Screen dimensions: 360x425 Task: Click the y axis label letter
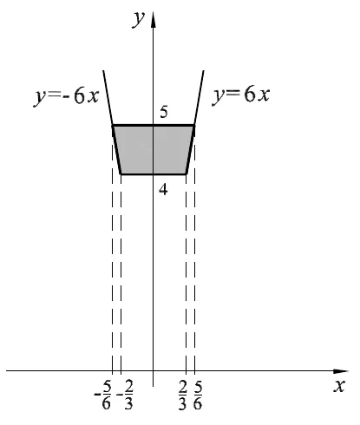point(138,20)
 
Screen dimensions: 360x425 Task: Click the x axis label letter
point(339,386)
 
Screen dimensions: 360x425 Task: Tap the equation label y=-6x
point(67,96)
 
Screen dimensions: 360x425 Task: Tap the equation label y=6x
point(241,95)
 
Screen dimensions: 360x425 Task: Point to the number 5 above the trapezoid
point(164,112)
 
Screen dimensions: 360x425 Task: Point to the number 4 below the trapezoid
point(163,190)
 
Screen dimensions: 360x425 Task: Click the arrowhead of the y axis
point(154,20)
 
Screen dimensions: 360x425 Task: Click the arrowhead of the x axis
point(341,371)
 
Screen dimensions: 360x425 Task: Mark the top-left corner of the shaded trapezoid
point(113,126)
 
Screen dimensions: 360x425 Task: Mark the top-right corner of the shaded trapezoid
point(194,126)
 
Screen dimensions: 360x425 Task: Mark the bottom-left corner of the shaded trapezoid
point(121,174)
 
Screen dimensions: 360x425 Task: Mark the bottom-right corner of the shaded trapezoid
point(187,174)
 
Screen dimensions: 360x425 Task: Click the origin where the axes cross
point(154,370)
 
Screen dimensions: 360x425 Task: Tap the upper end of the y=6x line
point(204,70)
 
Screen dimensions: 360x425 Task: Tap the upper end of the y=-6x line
point(103,70)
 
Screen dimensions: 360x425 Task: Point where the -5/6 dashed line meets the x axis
point(113,370)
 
